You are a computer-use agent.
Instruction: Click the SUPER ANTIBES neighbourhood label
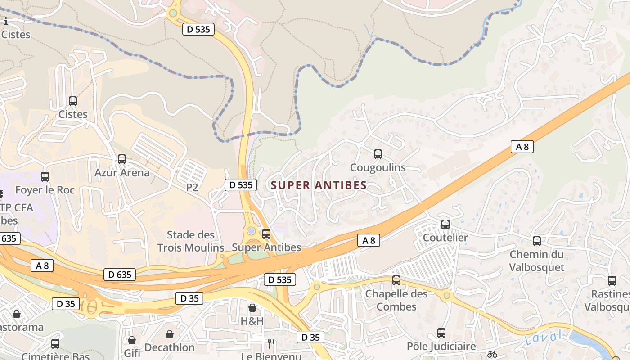coord(319,185)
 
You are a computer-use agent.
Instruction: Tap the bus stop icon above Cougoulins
coord(378,154)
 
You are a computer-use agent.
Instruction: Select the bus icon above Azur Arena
coord(122,159)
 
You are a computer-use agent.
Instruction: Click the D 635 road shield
coord(120,274)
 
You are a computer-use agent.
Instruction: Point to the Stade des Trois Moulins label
coord(191,241)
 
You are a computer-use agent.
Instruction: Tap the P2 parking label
coord(192,188)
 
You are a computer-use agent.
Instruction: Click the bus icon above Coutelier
coord(445,224)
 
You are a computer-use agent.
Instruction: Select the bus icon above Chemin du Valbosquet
coord(537,241)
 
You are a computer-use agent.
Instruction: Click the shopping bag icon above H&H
coord(252,308)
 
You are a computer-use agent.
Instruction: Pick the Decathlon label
coord(170,347)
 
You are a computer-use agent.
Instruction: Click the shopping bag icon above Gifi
coord(132,340)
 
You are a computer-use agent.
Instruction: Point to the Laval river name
coord(544,337)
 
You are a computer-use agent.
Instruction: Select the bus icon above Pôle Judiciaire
coord(441,333)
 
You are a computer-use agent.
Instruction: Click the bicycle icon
coord(492,354)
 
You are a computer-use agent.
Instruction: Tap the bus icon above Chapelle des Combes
coord(396,280)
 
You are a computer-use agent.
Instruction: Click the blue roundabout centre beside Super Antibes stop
coord(252,231)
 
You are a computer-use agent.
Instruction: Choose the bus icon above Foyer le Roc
coord(45,177)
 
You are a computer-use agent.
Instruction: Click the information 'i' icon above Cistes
coord(6,21)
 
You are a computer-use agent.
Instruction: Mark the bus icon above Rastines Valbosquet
coord(612,281)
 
